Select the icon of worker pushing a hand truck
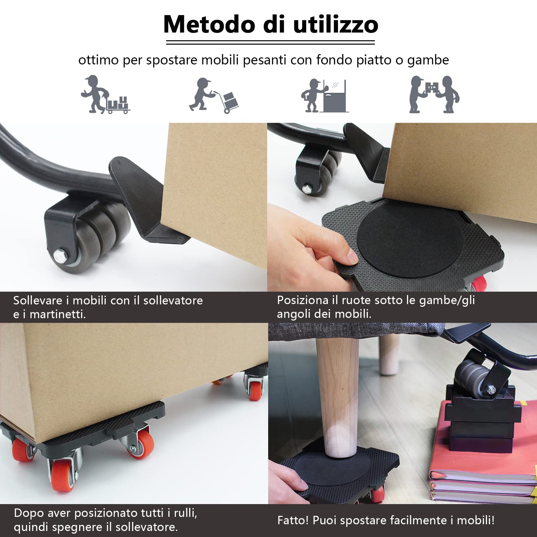[x=214, y=95]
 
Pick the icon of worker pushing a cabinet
[x=324, y=96]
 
